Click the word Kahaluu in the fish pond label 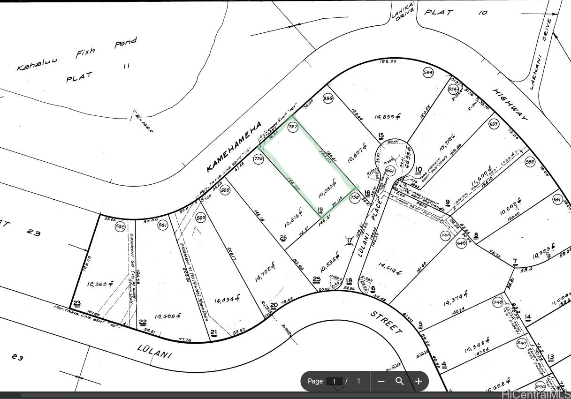pyautogui.click(x=38, y=63)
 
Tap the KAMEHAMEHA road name pyautogui.click(x=233, y=146)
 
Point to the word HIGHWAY pyautogui.click(x=510, y=105)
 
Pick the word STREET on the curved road pyautogui.click(x=386, y=322)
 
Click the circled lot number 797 pyautogui.click(x=293, y=128)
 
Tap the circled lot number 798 pyautogui.click(x=355, y=198)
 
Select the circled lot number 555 pyautogui.click(x=428, y=72)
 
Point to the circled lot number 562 pyautogui.click(x=120, y=227)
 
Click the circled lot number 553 pyautogui.click(x=494, y=124)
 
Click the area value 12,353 pyautogui.click(x=100, y=284)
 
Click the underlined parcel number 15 pyautogui.click(x=381, y=136)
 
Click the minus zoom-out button pyautogui.click(x=381, y=381)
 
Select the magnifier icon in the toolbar pyautogui.click(x=400, y=381)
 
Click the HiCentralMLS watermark pyautogui.click(x=535, y=394)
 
